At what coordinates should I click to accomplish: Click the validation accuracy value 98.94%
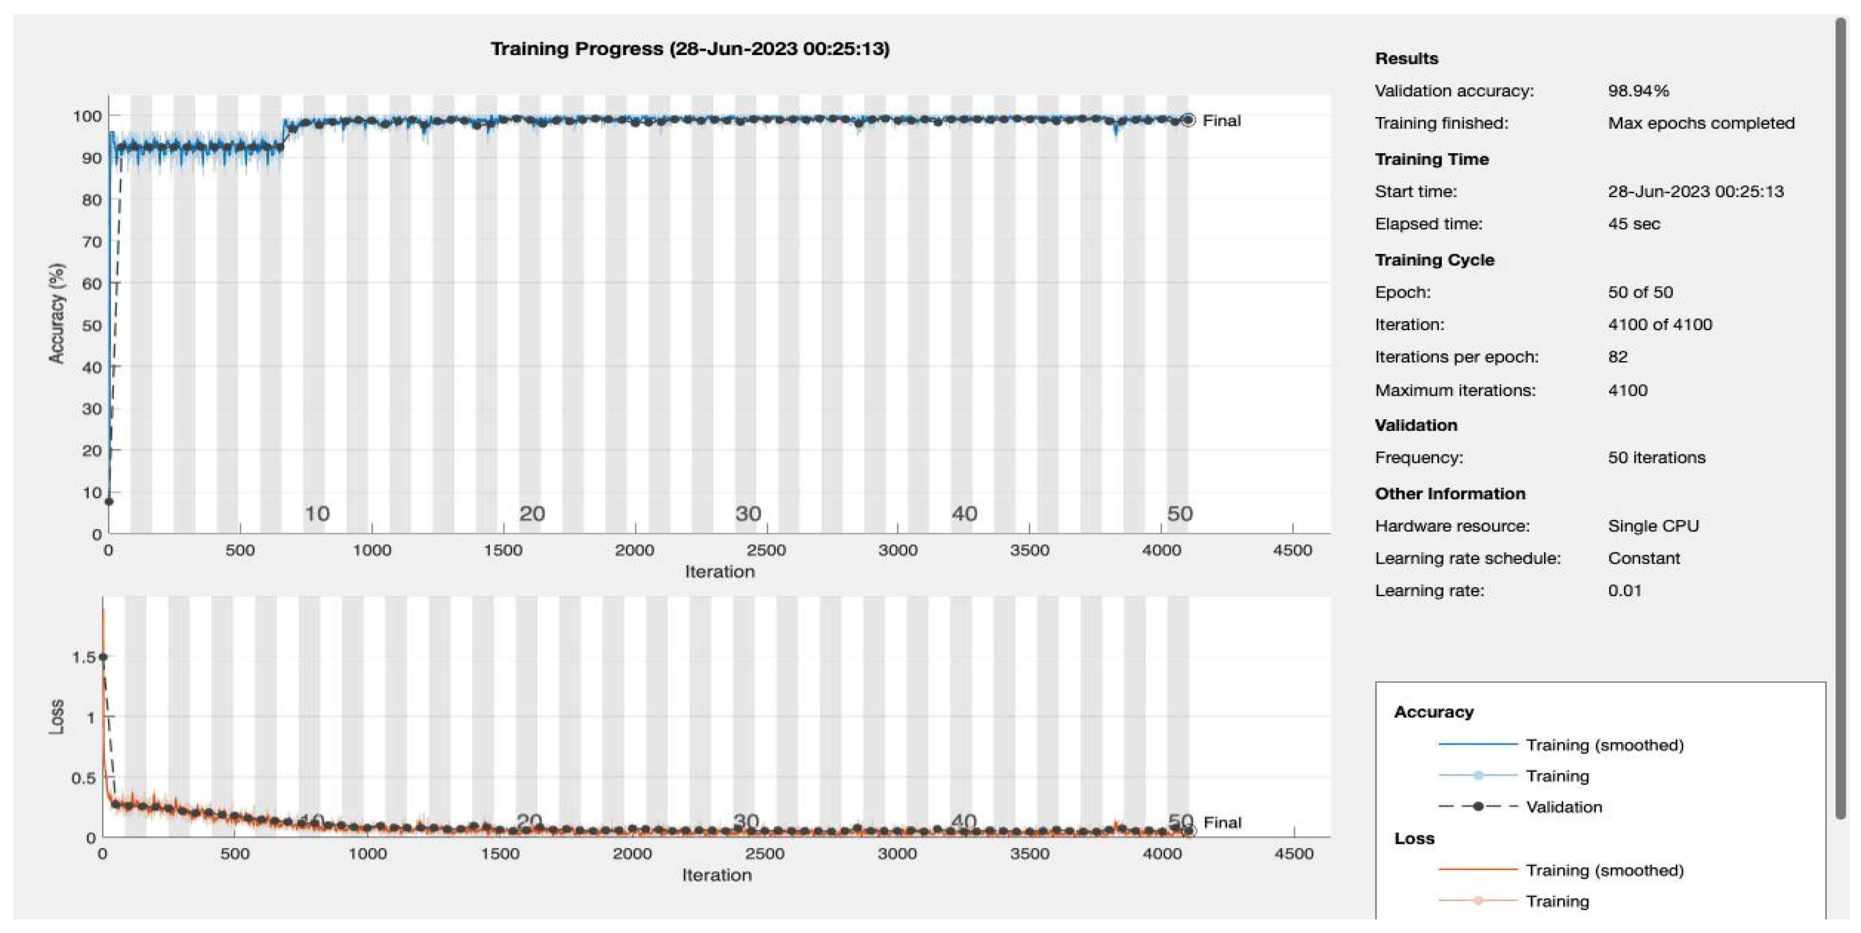click(1638, 91)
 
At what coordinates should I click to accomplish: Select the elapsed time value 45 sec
click(1634, 224)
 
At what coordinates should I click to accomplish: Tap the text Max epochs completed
click(1701, 123)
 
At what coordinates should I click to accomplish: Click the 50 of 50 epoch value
click(1640, 292)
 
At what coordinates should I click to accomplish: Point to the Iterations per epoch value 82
click(1617, 357)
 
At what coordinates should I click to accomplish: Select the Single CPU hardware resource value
click(1653, 526)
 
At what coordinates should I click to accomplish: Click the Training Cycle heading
click(1434, 260)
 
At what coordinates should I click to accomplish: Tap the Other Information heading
click(1449, 494)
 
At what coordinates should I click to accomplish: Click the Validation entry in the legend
click(1563, 807)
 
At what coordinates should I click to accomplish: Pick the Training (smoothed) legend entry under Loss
click(1604, 870)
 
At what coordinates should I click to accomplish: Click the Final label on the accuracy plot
click(1221, 121)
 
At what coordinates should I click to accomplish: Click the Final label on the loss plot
click(1221, 822)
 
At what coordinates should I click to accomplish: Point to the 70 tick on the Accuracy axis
click(92, 242)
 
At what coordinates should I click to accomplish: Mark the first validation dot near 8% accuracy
click(109, 501)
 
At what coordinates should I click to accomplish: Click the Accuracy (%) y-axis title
click(56, 313)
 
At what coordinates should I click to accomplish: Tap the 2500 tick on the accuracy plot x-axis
click(766, 550)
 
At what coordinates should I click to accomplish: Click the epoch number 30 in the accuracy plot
click(748, 513)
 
